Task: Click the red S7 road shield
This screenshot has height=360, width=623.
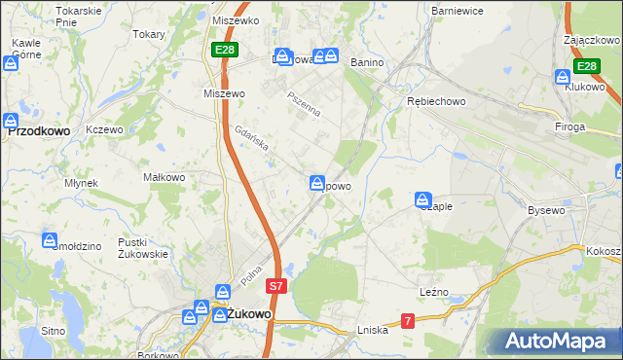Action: pyautogui.click(x=276, y=286)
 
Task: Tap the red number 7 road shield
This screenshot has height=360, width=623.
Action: pyautogui.click(x=408, y=320)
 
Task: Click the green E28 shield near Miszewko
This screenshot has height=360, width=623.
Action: pyautogui.click(x=224, y=49)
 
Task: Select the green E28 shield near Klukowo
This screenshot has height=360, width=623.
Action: pyautogui.click(x=585, y=66)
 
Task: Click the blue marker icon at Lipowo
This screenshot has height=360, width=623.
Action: pyautogui.click(x=317, y=182)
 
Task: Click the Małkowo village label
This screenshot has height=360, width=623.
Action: pyautogui.click(x=164, y=178)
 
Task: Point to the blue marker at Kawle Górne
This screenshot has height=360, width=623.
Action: pyautogui.click(x=11, y=63)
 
